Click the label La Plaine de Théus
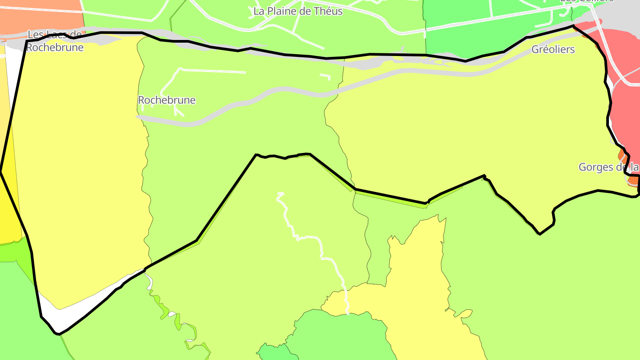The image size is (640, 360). pyautogui.click(x=298, y=11)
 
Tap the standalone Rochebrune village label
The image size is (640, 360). pyautogui.click(x=167, y=100)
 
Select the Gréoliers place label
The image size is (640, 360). pyautogui.click(x=553, y=49)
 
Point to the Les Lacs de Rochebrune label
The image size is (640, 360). pyautogui.click(x=55, y=41)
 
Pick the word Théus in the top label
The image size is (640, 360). pyautogui.click(x=327, y=11)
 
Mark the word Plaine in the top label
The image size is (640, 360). pyautogui.click(x=282, y=11)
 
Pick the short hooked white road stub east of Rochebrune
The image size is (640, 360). pyautogui.click(x=326, y=76)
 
